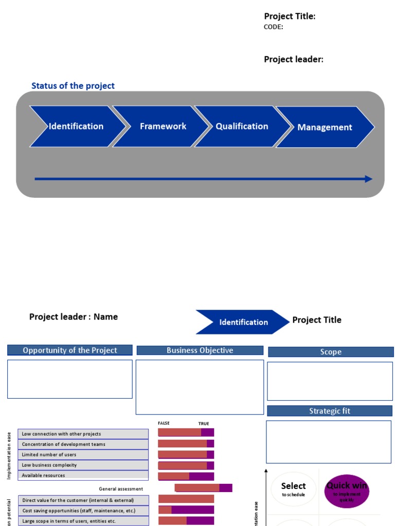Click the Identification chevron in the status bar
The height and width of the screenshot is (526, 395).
tap(76, 126)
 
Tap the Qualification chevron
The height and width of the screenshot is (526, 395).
tap(242, 126)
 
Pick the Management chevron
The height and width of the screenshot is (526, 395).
tap(325, 127)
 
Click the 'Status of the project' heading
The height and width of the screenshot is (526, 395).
tap(73, 86)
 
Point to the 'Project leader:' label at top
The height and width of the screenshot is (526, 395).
tap(294, 59)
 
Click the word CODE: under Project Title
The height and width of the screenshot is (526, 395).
tap(273, 27)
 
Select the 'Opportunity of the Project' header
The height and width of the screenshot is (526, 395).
tap(70, 350)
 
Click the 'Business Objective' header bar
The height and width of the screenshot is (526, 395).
tap(200, 350)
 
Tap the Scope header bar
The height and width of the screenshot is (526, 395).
tap(331, 352)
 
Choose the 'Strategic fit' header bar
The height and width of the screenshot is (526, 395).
tap(330, 411)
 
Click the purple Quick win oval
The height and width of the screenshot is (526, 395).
tap(347, 491)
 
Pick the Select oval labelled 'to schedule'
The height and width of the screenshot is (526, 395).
tap(293, 489)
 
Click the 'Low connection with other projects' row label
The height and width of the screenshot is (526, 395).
tap(83, 434)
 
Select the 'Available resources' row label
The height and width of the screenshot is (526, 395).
tap(83, 476)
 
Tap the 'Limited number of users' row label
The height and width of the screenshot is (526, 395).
tap(83, 455)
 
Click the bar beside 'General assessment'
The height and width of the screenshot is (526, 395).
tap(203, 488)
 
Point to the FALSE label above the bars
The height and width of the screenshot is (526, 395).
tap(164, 423)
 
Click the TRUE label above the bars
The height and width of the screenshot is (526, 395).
tap(204, 424)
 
